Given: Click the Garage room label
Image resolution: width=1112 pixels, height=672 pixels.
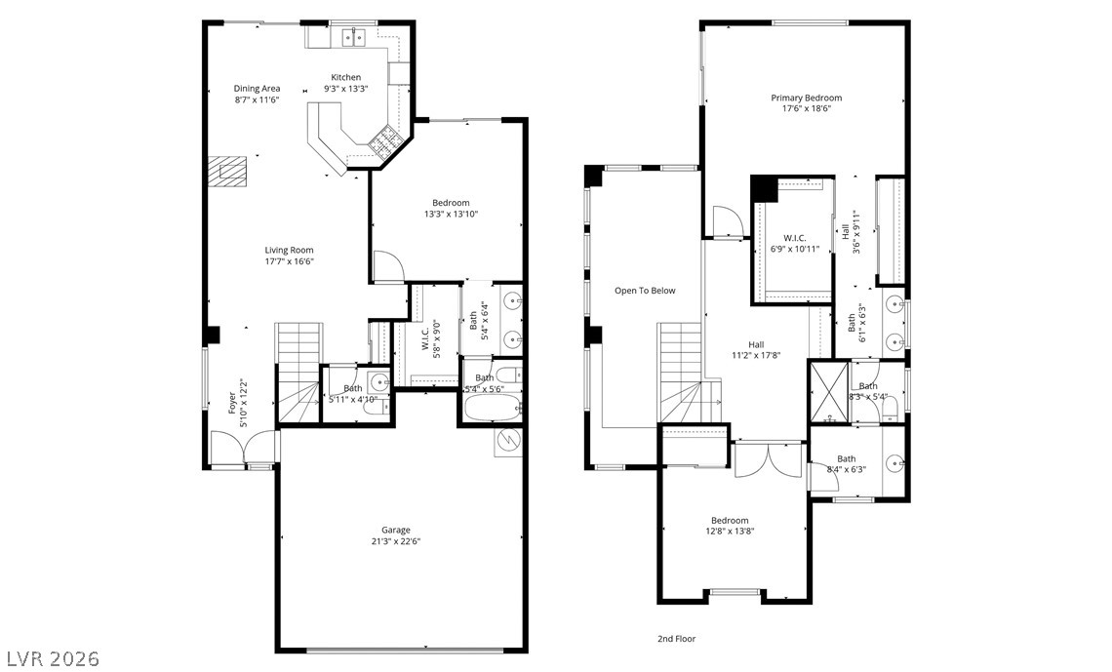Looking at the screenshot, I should (x=396, y=530).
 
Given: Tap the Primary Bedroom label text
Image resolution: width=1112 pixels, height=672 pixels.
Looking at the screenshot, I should (x=806, y=98).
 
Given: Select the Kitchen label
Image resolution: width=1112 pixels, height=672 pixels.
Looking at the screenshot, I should (x=345, y=77).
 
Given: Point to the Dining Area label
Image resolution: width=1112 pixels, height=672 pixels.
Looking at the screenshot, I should (x=257, y=89).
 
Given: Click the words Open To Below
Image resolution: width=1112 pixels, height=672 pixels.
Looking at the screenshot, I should (x=644, y=291).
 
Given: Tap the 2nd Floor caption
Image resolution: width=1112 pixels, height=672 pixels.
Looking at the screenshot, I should (x=676, y=639).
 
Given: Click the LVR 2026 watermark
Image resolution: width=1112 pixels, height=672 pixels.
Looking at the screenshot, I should (x=51, y=658).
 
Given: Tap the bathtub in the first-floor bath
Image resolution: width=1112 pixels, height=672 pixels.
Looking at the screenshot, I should (x=490, y=407).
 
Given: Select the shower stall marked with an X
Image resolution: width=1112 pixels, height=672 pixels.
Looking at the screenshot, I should (x=828, y=390).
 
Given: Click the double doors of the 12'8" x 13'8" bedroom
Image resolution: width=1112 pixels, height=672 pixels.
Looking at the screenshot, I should (x=769, y=458).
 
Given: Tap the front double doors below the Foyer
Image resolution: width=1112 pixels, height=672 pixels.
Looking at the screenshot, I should (x=243, y=450).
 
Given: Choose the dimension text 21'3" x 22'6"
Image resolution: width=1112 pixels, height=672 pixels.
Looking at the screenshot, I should (x=396, y=541).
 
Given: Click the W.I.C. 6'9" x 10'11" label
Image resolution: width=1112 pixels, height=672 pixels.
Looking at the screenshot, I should (x=794, y=244).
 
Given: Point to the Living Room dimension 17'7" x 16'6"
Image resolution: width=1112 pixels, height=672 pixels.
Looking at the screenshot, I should (x=289, y=260).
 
